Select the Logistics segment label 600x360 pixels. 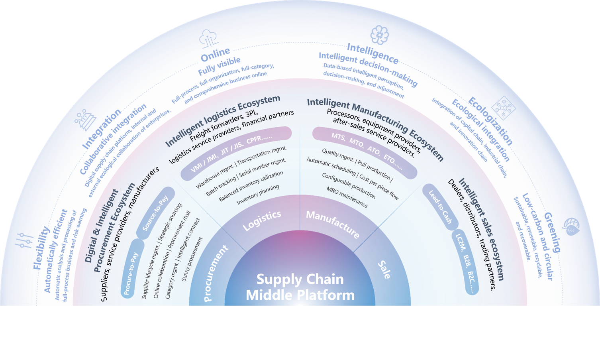pos(262,220)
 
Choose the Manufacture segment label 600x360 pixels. pos(333,224)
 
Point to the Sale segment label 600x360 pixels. pos(384,270)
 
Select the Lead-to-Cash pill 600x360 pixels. pos(440,207)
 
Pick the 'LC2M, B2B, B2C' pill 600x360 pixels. pos(465,263)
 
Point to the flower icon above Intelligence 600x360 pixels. pos(379,35)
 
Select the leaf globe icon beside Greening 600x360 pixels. pos(571,226)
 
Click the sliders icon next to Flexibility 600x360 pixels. pos(24,240)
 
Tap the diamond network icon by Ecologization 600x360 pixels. pos(504,108)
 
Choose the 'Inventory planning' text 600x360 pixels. pos(258,195)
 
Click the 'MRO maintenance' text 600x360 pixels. pos(347,197)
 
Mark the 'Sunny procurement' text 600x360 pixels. pos(192,259)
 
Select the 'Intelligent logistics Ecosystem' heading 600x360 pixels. pos(223,121)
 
